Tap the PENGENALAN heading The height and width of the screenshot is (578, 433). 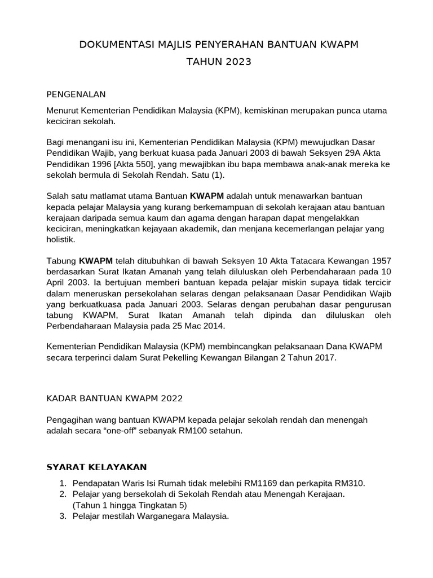pos(76,94)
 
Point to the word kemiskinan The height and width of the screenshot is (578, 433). pos(268,111)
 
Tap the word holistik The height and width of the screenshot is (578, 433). pos(59,239)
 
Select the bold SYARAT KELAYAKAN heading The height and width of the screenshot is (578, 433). pos(96,467)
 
